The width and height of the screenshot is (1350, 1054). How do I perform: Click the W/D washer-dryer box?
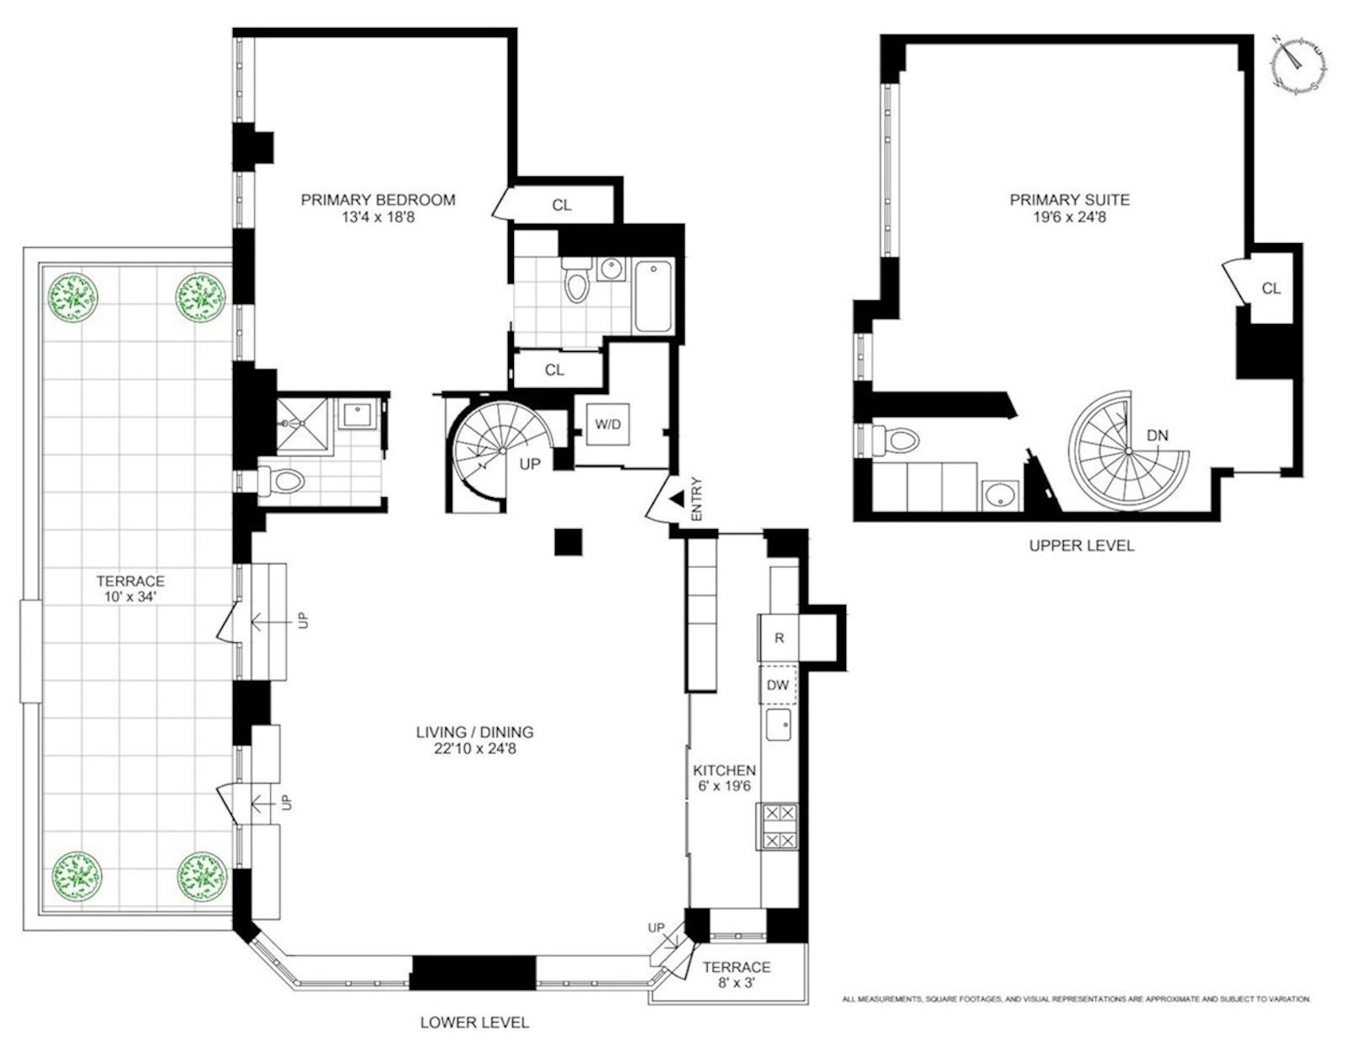(x=607, y=424)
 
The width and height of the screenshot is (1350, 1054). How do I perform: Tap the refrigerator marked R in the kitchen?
(x=779, y=638)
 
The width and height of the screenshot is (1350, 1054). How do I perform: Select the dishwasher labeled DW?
(x=777, y=685)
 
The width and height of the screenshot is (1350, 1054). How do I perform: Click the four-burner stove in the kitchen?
(x=779, y=826)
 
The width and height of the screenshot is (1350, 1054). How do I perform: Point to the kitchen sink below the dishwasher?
(x=778, y=724)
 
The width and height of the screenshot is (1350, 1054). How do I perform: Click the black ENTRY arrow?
(x=677, y=500)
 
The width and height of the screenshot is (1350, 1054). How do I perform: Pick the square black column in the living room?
(x=568, y=542)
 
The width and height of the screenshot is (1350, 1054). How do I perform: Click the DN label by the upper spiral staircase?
(x=1158, y=435)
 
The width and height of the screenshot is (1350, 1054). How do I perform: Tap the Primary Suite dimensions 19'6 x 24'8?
(x=1069, y=217)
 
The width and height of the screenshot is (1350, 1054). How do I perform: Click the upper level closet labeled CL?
(x=1271, y=289)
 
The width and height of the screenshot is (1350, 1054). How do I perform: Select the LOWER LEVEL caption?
(x=474, y=1023)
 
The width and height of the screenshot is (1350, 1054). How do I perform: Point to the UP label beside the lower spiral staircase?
(x=529, y=464)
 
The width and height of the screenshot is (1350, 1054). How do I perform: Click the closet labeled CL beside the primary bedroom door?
(x=561, y=205)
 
